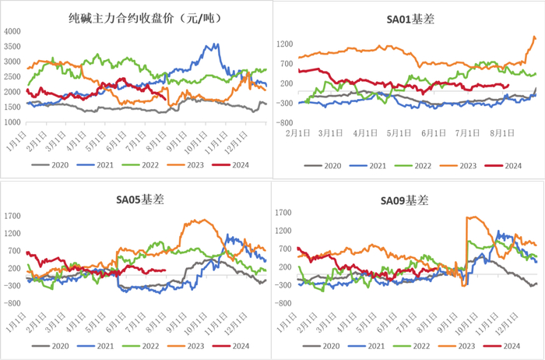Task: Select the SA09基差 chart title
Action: point(405,200)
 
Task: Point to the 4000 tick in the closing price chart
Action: point(12,31)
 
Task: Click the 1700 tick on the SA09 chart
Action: point(283,212)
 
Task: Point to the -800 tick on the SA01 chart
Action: point(283,123)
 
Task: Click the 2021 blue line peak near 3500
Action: point(209,45)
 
